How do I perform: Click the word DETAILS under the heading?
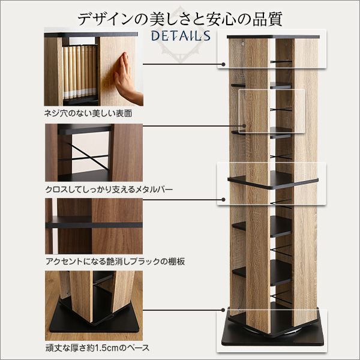click(x=181, y=36)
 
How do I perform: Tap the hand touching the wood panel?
click(x=126, y=78)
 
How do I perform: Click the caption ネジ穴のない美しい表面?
click(x=88, y=113)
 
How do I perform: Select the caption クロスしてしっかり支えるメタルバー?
click(x=109, y=190)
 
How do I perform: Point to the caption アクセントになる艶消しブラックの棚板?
click(x=115, y=262)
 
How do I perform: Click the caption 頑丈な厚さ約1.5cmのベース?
click(x=97, y=348)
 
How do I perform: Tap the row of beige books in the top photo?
click(x=80, y=71)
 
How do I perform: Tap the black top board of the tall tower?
click(x=273, y=37)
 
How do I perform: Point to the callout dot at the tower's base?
click(x=223, y=310)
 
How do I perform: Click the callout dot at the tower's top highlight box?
click(x=223, y=64)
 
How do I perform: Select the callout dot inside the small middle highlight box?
click(x=244, y=126)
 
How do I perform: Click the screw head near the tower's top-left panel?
click(x=243, y=43)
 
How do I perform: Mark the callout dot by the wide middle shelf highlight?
click(x=223, y=200)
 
